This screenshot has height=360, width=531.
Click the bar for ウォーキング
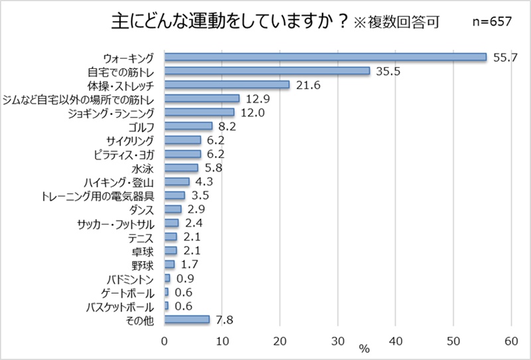click(x=325, y=57)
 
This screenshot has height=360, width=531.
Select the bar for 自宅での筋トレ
click(x=267, y=71)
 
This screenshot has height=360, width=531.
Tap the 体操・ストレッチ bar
click(x=227, y=85)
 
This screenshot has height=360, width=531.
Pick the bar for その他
click(x=187, y=319)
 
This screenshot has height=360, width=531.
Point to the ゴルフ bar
click(x=188, y=126)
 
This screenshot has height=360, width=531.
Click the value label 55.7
click(x=505, y=58)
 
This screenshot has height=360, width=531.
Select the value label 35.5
click(x=388, y=71)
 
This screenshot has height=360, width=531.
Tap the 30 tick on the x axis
click(x=337, y=341)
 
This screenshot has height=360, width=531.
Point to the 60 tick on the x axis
click(x=511, y=341)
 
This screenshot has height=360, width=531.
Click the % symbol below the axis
click(x=364, y=349)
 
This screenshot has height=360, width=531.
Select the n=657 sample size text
click(x=491, y=21)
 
